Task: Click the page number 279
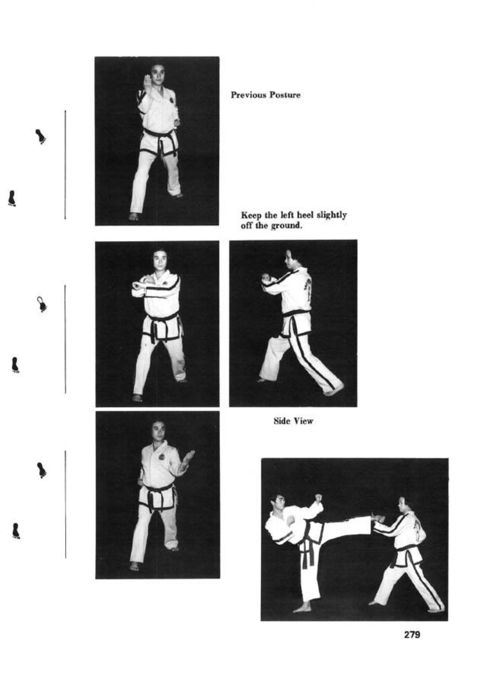(412, 634)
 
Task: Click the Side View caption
(293, 421)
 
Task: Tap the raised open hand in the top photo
(147, 83)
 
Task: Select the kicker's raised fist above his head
(319, 498)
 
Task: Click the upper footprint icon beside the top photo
(41, 136)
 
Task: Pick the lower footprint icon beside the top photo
(12, 199)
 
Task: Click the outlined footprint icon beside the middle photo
(42, 304)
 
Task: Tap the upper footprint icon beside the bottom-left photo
(42, 470)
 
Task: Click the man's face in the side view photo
(289, 260)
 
